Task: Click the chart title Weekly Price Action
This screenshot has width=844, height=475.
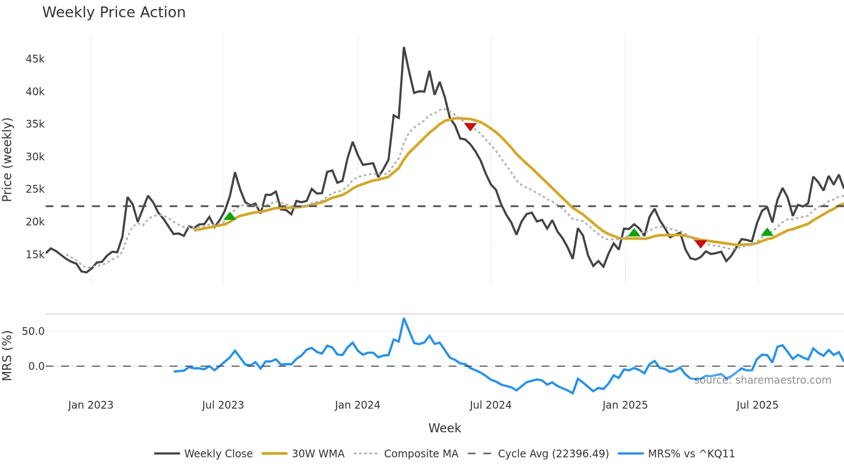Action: coord(114,12)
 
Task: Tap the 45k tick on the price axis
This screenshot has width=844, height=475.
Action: coord(35,59)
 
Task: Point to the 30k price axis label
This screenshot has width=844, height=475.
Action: coord(35,157)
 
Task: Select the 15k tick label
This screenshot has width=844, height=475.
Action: coord(35,255)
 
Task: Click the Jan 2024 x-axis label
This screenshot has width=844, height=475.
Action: coord(357,405)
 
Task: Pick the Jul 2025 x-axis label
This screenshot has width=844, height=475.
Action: coord(757,405)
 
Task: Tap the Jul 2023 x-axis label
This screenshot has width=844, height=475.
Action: coord(223,405)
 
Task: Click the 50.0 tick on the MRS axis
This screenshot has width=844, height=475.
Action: coord(33,331)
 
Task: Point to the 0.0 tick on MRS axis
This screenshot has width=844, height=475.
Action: coord(36,366)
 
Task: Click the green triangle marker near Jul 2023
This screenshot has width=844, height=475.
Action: coord(230,216)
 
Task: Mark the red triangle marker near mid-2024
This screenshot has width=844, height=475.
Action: coord(470,126)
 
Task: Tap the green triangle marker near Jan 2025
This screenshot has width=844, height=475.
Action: coord(634,233)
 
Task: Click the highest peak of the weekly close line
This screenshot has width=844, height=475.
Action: coord(404,47)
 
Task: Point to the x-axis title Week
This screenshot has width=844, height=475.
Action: coord(444,428)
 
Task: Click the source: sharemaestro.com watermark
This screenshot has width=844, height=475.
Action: coord(762,380)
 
